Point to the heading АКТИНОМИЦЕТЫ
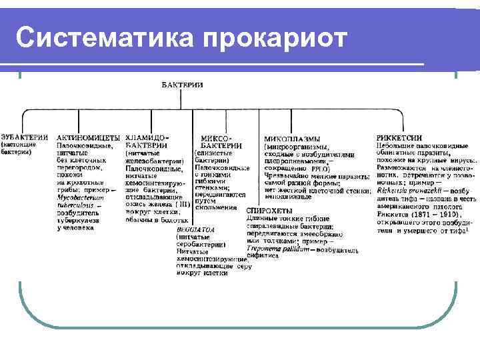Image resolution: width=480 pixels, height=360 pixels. click(89, 137)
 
